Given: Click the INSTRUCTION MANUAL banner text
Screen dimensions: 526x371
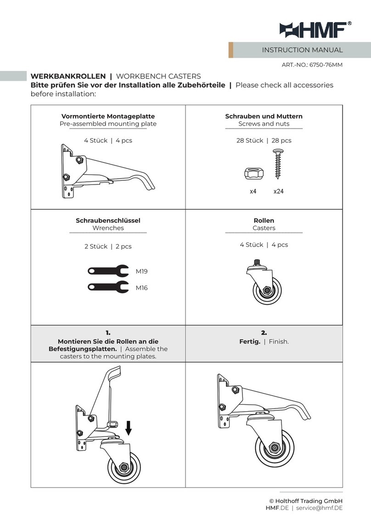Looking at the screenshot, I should [x=302, y=50].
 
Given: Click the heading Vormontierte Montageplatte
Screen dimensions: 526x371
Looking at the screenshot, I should [x=108, y=116].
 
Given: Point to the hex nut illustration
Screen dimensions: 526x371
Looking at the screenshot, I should [x=253, y=173].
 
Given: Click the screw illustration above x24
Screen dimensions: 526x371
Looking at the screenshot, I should [x=278, y=164].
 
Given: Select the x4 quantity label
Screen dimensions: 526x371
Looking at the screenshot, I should [x=253, y=191].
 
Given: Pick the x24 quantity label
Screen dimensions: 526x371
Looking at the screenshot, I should [x=278, y=191].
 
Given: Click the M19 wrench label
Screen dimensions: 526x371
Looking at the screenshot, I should [x=141, y=271].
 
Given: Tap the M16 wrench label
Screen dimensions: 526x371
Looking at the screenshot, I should [x=141, y=288].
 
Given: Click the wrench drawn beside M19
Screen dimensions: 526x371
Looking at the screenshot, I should [x=108, y=271].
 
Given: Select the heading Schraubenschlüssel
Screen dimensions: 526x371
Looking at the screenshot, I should [x=108, y=220].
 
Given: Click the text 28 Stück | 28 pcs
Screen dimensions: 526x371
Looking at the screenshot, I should [x=264, y=140].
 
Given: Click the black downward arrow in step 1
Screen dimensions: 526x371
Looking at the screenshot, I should [x=129, y=428].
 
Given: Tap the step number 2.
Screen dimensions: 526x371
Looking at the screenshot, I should [x=264, y=333].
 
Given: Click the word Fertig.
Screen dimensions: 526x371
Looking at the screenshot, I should [x=250, y=341].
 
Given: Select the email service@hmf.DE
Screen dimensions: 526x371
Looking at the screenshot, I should [x=319, y=508].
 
